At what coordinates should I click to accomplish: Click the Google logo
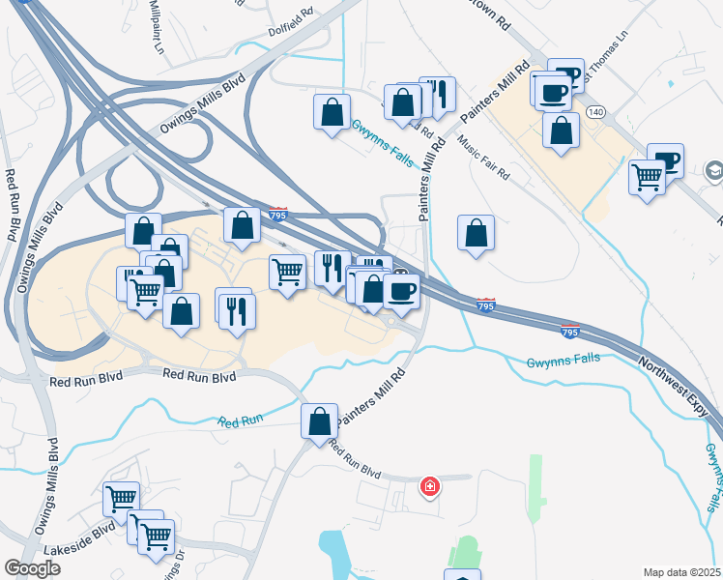click(31, 568)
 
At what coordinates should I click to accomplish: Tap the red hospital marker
click(430, 487)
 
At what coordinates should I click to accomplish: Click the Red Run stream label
click(240, 422)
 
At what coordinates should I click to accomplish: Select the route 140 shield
click(596, 113)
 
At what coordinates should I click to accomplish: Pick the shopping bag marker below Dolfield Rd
click(332, 111)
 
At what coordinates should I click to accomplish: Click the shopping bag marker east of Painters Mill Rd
click(476, 233)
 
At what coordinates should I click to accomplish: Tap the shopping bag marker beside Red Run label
click(319, 421)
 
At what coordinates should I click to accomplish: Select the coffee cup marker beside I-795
click(402, 289)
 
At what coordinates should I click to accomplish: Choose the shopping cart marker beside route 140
click(647, 177)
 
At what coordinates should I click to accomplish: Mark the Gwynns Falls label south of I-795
click(563, 361)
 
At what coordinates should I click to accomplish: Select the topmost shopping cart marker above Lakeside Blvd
click(121, 499)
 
